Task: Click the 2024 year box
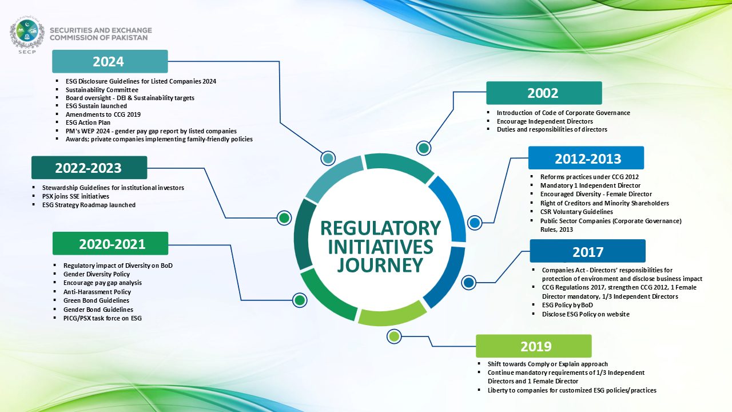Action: point(110,61)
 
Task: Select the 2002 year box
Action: point(544,93)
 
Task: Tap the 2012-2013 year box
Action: point(586,158)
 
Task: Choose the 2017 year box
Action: point(587,251)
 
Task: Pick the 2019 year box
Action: point(534,346)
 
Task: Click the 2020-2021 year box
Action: point(110,244)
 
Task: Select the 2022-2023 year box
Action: point(89,168)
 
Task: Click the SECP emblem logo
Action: point(27,34)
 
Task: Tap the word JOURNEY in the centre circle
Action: point(380,266)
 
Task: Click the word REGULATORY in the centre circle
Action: point(380,228)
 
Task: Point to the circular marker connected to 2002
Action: point(424,148)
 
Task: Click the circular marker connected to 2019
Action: point(394,336)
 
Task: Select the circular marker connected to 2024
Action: point(328,159)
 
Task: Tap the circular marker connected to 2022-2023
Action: point(284,218)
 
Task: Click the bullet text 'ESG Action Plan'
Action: point(88,122)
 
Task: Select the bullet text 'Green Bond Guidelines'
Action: point(96,300)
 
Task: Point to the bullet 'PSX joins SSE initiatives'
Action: point(75,196)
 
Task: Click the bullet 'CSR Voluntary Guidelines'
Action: point(576,212)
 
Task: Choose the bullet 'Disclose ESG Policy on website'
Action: point(586,314)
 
